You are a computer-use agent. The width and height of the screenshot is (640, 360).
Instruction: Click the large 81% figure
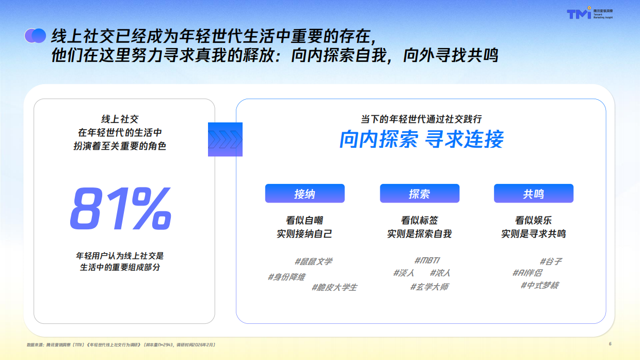coord(120,209)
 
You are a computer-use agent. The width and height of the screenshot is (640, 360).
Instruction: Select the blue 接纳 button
coord(305,194)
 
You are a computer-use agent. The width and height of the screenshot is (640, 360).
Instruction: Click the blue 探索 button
coord(419,194)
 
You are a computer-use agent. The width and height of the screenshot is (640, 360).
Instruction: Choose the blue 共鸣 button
coord(533,194)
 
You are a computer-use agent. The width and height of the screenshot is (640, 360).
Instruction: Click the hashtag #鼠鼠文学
coord(313,261)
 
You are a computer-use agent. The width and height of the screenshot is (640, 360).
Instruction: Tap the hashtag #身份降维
coord(286,277)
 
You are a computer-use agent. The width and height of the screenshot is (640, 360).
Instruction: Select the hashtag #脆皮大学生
coord(334,287)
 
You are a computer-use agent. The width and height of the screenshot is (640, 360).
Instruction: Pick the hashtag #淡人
coord(404,273)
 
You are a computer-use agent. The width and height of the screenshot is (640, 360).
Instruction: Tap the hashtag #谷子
coord(551,261)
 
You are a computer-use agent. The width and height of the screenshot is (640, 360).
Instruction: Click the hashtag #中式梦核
coord(539,285)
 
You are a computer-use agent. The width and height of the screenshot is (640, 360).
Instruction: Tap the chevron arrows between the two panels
coord(225,139)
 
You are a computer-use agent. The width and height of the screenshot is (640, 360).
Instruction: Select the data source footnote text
coord(121,344)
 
